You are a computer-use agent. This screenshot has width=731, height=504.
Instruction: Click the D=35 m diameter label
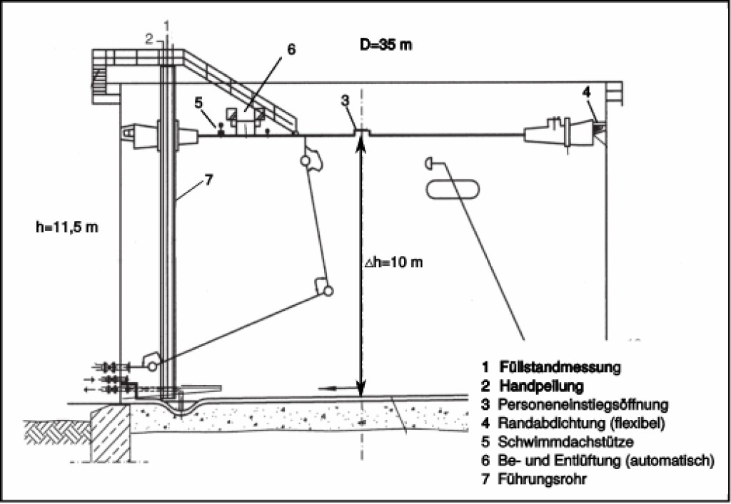pyautogui.click(x=385, y=45)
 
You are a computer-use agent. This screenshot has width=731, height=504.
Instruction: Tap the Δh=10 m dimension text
pyautogui.click(x=394, y=262)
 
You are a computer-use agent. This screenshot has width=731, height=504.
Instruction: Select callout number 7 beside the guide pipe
pyautogui.click(x=208, y=180)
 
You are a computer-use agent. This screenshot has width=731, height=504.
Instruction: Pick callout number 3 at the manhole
pyautogui.click(x=345, y=101)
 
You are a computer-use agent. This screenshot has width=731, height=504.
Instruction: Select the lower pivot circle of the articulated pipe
pyautogui.click(x=328, y=291)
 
